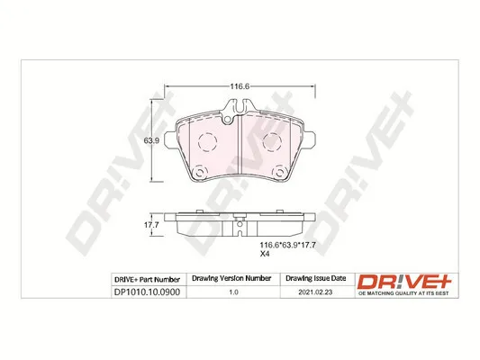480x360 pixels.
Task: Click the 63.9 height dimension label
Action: (151, 141)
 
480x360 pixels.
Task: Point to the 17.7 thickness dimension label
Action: (151, 225)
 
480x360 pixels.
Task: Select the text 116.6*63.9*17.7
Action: (288, 245)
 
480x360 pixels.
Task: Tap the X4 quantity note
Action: (265, 254)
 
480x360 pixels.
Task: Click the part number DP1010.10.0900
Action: (147, 292)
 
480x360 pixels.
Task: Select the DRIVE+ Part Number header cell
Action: (147, 280)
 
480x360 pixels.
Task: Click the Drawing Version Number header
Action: (231, 278)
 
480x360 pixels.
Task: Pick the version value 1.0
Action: (233, 292)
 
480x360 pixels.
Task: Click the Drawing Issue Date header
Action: (315, 278)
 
